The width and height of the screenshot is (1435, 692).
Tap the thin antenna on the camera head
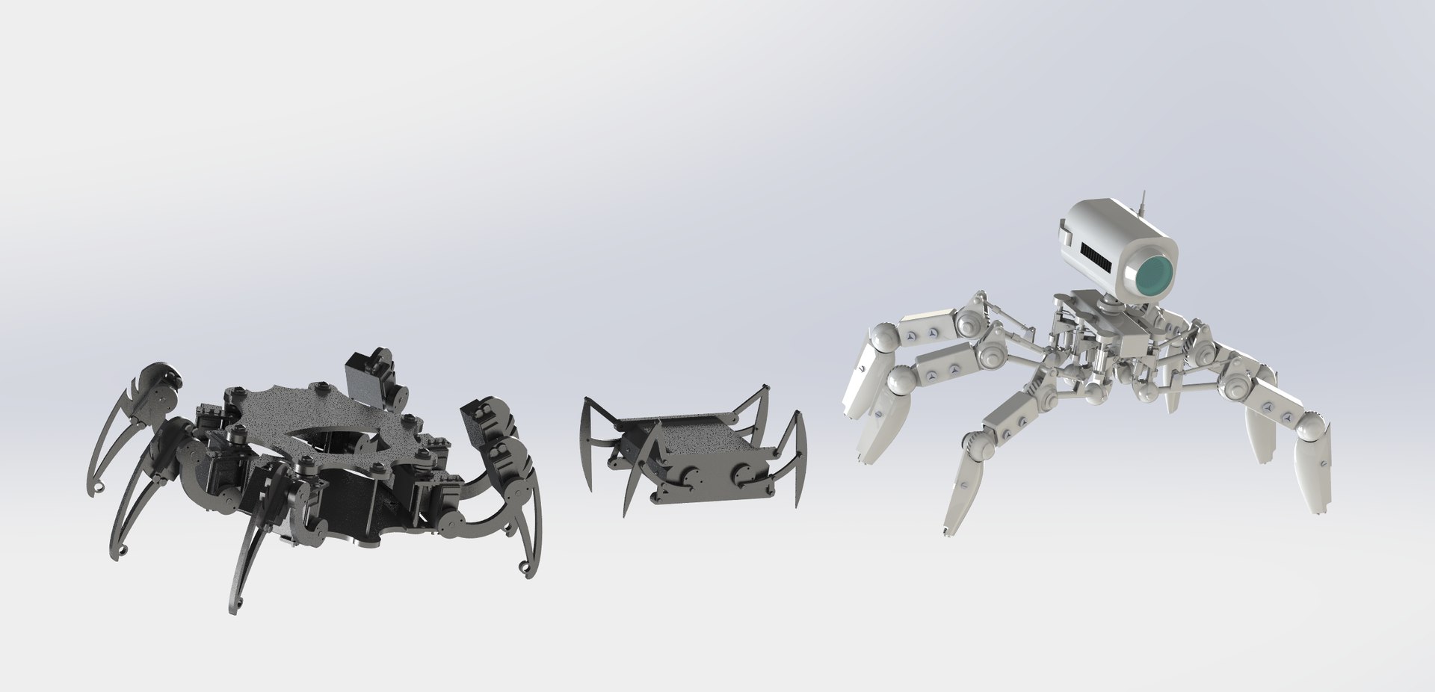click(1143, 201)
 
